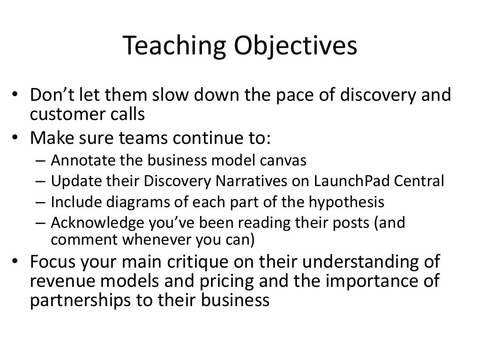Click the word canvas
(x=284, y=161)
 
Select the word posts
(x=351, y=223)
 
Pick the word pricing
(x=205, y=281)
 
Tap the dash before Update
(x=40, y=182)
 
